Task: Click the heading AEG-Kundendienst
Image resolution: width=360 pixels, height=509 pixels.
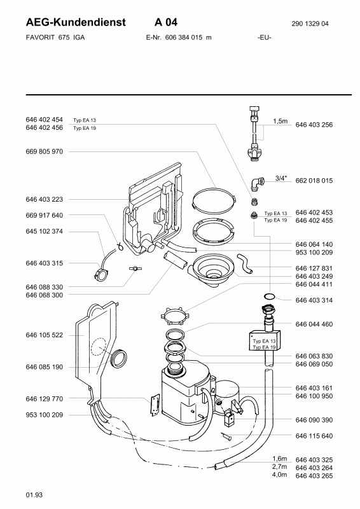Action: point(76,22)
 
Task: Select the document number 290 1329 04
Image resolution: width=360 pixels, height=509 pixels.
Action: point(310,24)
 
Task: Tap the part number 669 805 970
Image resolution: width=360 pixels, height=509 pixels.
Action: point(44,151)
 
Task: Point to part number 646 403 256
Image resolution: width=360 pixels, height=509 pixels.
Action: point(314,125)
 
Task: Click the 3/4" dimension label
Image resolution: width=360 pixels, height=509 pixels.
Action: point(281,178)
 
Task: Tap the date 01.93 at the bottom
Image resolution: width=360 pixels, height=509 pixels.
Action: point(34,495)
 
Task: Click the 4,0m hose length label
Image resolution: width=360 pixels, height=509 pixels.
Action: point(279,475)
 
